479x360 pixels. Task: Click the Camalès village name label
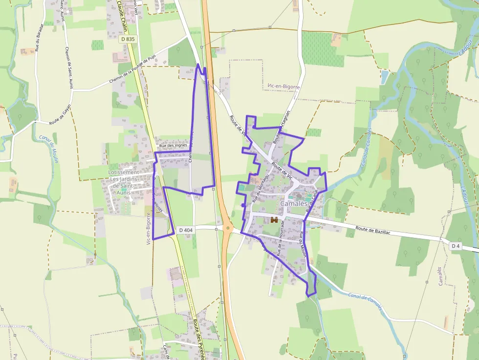click(294, 203)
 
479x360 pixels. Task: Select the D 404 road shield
click(186, 230)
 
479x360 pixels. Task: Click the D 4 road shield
click(456, 246)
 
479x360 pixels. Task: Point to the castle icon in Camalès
click(274, 220)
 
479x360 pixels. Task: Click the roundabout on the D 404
click(227, 228)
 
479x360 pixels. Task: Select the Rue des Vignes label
click(173, 145)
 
